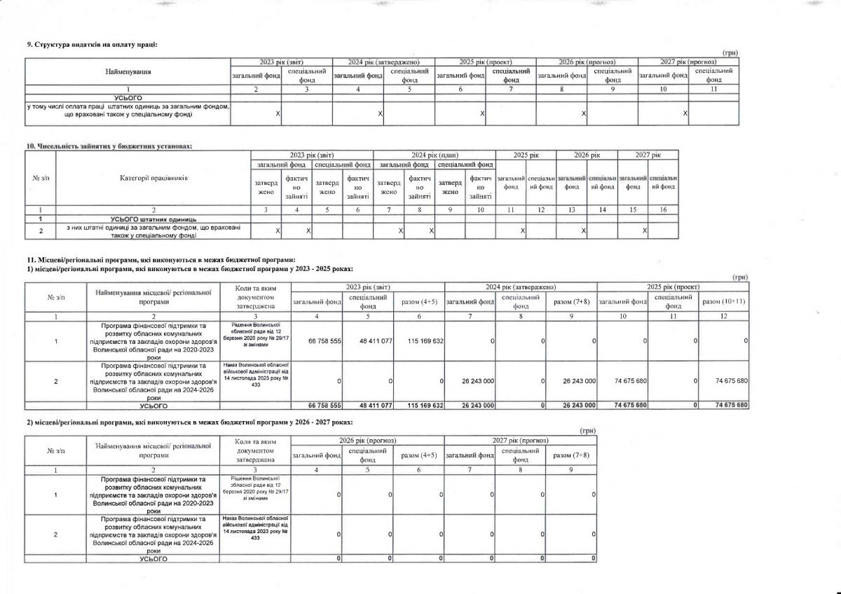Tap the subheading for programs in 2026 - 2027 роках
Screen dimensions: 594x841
(x=189, y=422)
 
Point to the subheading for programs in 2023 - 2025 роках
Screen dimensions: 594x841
(x=189, y=268)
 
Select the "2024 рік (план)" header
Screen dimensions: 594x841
(x=434, y=154)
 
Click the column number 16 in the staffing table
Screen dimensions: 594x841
(x=662, y=209)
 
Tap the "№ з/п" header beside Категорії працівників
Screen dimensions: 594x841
(x=40, y=178)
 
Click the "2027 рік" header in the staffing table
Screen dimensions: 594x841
(x=648, y=154)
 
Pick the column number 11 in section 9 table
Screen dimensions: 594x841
(x=714, y=90)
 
